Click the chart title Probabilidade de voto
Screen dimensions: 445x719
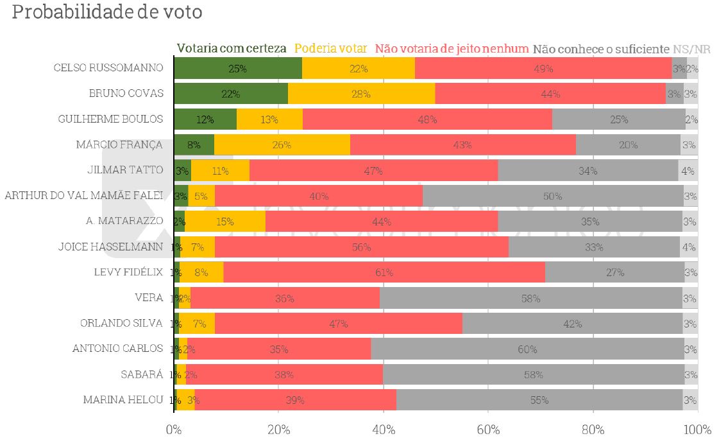click(107, 13)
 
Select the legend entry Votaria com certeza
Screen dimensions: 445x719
click(232, 49)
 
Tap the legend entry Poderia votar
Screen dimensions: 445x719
click(330, 49)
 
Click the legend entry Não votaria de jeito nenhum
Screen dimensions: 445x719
click(452, 49)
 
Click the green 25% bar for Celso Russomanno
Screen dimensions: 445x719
click(238, 68)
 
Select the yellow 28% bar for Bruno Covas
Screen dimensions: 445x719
click(361, 94)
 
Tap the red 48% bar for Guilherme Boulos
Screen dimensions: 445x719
click(427, 119)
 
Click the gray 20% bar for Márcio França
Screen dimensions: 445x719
click(628, 144)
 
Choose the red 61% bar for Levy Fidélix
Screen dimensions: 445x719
click(384, 272)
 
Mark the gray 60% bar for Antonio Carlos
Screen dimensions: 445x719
click(527, 349)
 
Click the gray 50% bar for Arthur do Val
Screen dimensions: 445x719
click(553, 196)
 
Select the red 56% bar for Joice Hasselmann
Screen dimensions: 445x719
click(362, 247)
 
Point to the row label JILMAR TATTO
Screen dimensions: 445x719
click(125, 170)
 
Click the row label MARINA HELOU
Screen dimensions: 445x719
click(123, 399)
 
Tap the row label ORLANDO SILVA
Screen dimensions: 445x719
click(121, 323)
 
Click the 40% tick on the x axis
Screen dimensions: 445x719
click(383, 430)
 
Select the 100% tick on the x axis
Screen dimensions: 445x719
click(697, 430)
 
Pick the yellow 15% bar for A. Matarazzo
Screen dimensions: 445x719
click(225, 222)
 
